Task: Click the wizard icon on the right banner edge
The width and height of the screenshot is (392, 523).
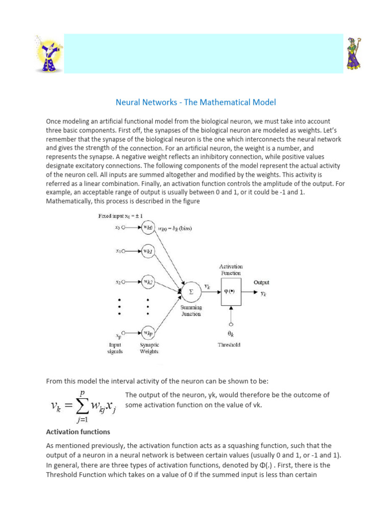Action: point(354,53)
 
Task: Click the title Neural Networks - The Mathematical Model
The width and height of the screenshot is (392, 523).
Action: point(195,102)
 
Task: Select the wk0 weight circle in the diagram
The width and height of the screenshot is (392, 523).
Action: point(148,227)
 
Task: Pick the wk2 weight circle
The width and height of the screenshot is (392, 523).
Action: point(148,281)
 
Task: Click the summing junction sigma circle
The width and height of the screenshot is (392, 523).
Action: point(190,291)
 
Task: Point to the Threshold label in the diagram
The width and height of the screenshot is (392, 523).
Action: point(229,345)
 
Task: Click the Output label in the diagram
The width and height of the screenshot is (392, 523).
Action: point(261,282)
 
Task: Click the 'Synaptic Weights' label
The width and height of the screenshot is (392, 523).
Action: point(149,348)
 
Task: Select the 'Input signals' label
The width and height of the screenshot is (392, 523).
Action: point(115,348)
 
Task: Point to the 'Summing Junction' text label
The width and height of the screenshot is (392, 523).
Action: point(190,311)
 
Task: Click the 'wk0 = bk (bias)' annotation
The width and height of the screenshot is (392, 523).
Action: point(175,228)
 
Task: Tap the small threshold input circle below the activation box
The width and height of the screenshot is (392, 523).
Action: point(231,323)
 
